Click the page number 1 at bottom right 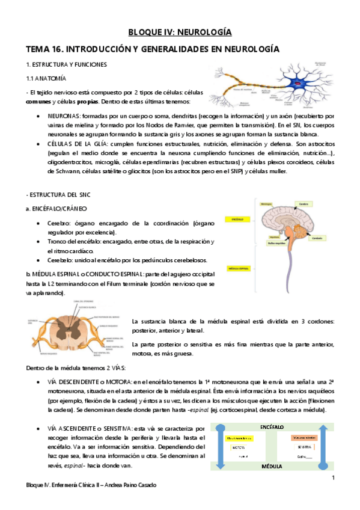[x=332, y=478]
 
